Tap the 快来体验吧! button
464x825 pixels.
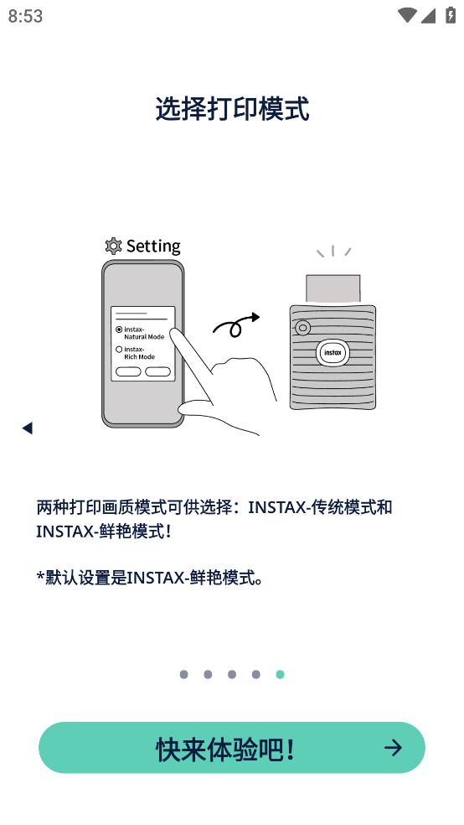pos(232,748)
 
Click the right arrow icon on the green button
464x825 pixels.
pos(393,748)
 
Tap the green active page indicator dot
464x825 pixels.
pos(280,675)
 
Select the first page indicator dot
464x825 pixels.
pos(183,675)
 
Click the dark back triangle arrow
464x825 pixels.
pos(28,428)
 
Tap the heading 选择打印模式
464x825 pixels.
pos(232,109)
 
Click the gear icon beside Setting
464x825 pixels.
pos(113,246)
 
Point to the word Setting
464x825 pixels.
pos(153,246)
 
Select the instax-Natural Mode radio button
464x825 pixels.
pos(119,329)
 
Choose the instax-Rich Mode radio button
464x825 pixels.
pos(119,350)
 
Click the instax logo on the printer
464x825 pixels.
pos(333,352)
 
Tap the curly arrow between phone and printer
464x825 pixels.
pos(236,324)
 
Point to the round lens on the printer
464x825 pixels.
pos(302,328)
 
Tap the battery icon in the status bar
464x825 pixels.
pos(451,15)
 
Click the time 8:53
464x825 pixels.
pos(25,16)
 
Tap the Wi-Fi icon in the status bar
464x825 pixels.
pos(407,15)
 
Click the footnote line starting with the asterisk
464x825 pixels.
pos(149,579)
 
